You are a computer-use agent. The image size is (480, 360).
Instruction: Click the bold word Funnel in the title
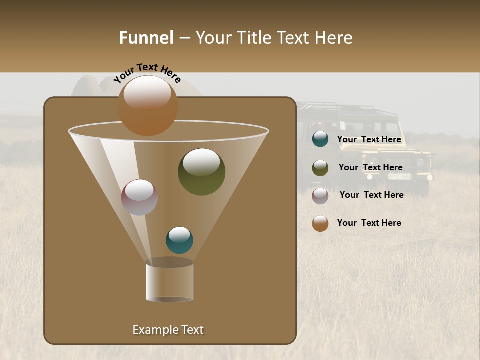click(146, 38)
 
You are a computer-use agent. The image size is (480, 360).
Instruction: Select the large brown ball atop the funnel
click(148, 105)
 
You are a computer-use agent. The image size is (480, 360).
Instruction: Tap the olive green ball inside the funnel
click(201, 171)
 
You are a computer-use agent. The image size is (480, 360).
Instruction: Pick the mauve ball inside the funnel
click(139, 197)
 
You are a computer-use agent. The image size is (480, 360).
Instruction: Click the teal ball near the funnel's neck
click(179, 240)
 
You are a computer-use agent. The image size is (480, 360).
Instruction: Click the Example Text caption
click(168, 330)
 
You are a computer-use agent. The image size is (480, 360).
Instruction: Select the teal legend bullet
click(320, 139)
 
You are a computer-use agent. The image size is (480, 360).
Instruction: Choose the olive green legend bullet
click(320, 168)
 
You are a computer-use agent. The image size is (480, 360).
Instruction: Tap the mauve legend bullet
click(320, 196)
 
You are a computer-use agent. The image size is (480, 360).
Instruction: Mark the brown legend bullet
click(320, 223)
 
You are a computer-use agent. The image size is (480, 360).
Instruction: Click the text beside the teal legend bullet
click(369, 140)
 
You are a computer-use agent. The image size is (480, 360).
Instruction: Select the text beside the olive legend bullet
click(370, 168)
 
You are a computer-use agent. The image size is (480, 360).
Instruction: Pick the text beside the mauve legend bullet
click(371, 195)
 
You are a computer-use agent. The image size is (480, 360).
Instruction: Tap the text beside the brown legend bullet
click(369, 223)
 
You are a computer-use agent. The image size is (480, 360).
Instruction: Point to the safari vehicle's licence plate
click(400, 176)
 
